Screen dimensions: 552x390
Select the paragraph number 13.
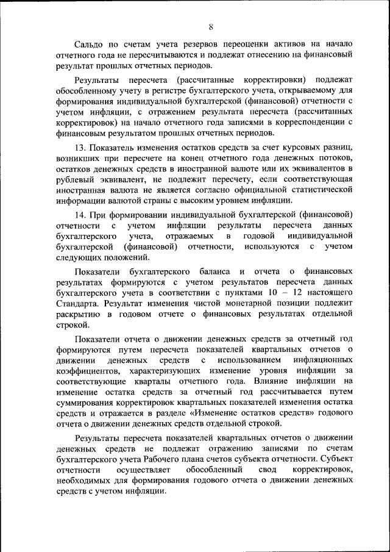tap(80, 148)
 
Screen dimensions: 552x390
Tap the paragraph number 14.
tap(80, 214)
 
